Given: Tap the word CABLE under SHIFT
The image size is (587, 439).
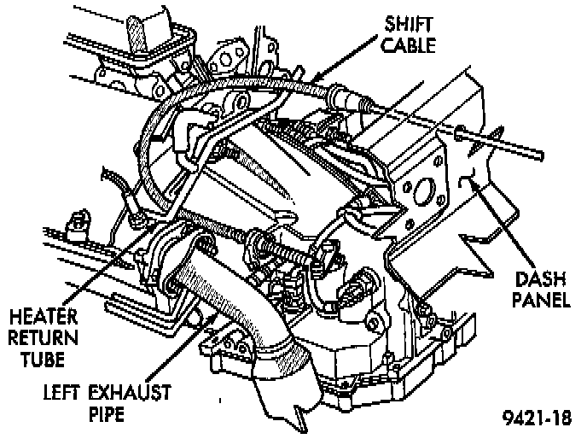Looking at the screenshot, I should (408, 44).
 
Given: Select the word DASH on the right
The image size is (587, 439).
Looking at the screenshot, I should (540, 278).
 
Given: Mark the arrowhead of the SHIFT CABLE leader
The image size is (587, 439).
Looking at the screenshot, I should (318, 82).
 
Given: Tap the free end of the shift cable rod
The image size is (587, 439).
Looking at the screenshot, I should (539, 155).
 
